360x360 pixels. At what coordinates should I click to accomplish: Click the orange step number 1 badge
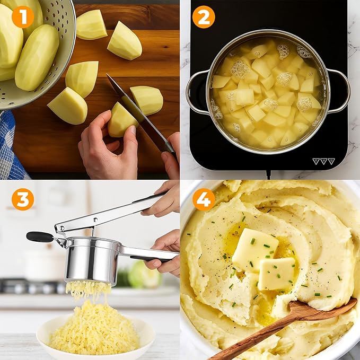click(23, 16)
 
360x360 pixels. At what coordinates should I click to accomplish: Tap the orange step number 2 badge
click(204, 16)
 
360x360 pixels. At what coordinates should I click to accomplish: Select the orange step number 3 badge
click(23, 199)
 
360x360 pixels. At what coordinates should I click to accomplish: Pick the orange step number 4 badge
click(204, 199)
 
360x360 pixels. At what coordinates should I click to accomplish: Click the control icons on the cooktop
click(323, 161)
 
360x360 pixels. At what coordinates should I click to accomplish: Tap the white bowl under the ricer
click(95, 339)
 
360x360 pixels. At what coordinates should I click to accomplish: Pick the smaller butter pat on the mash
click(276, 274)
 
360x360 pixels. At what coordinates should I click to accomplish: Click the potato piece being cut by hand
click(121, 121)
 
